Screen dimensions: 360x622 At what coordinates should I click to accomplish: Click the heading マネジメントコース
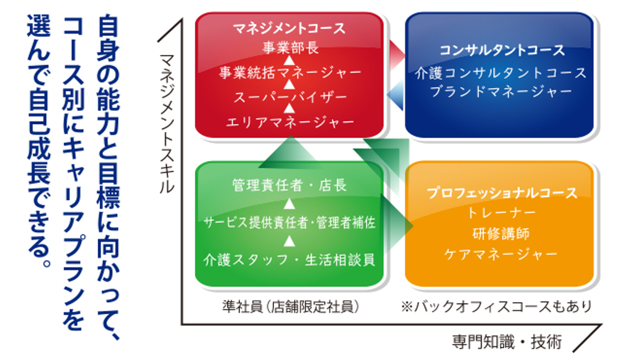click(x=290, y=29)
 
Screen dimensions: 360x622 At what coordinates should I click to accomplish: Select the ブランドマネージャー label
click(x=501, y=92)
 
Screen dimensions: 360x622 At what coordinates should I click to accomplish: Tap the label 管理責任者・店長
click(x=290, y=186)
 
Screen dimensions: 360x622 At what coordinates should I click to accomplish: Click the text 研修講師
click(x=501, y=233)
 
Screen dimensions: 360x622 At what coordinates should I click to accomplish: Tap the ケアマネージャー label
click(x=501, y=254)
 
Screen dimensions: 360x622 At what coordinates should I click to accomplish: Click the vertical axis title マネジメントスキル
click(x=167, y=124)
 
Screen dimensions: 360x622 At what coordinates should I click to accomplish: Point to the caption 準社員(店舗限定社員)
click(x=290, y=306)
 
